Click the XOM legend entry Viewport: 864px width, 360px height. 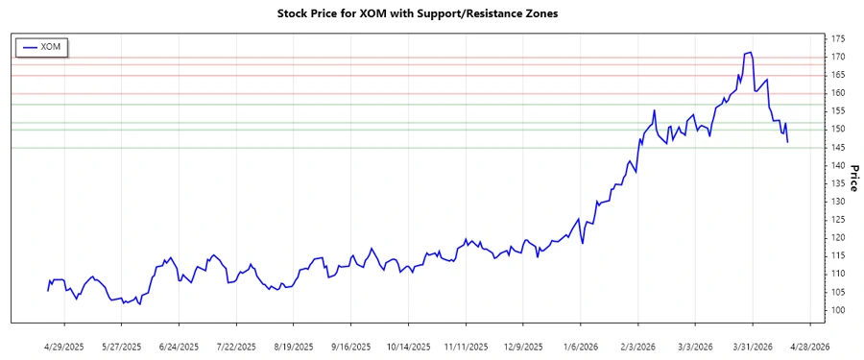pos(42,46)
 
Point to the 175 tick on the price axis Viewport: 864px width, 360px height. pos(839,39)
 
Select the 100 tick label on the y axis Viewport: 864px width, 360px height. pos(839,311)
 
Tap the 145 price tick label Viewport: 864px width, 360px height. pos(839,148)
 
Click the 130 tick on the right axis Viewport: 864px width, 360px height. pos(839,203)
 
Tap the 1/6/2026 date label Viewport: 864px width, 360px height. pos(582,346)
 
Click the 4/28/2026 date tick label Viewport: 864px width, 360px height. pos(807,346)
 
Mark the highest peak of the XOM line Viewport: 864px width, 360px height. pos(750,52)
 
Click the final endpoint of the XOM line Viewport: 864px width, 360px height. pos(788,142)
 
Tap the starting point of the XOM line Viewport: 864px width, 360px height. pos(47,290)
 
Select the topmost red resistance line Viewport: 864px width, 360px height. pos(418,58)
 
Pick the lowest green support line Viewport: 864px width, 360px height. pos(418,147)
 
